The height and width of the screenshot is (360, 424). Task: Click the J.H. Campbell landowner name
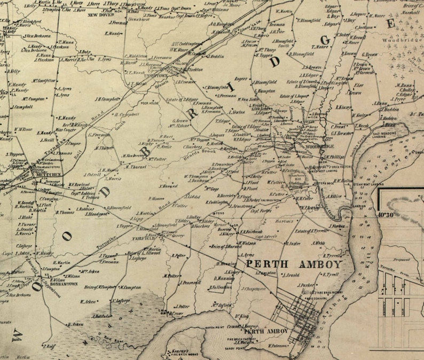point(108,98)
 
